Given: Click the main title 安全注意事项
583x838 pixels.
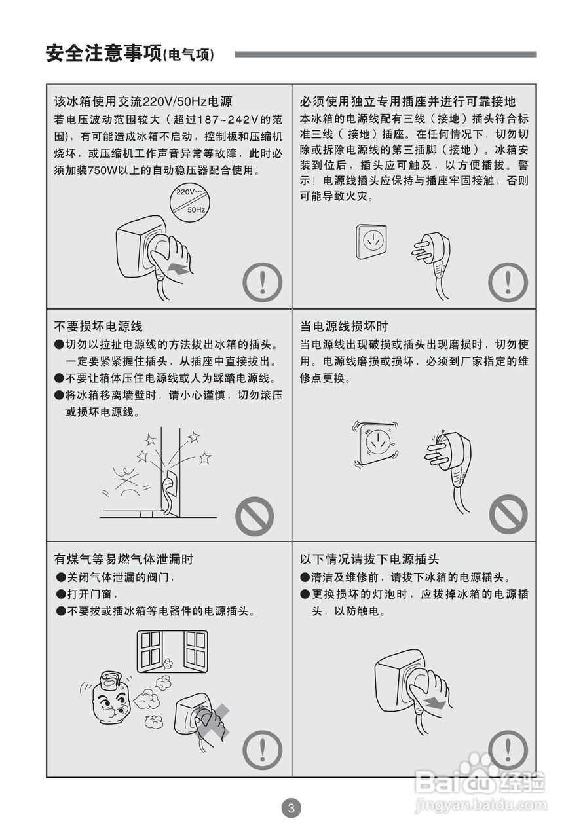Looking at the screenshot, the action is (x=104, y=54).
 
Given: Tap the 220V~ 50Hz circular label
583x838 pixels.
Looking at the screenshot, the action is (x=190, y=202).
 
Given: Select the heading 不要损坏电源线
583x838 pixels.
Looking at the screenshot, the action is (x=98, y=326).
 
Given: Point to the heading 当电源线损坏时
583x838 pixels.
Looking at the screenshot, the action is (x=344, y=326).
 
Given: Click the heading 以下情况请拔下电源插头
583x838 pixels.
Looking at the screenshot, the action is (x=369, y=559).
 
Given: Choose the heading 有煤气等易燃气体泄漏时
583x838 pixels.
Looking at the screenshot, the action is (x=124, y=559).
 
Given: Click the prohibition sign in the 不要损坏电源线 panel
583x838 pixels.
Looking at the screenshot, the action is (x=254, y=516).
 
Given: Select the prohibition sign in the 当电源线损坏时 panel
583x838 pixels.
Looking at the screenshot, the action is (x=508, y=514).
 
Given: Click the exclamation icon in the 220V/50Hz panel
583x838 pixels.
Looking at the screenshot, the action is (x=262, y=282).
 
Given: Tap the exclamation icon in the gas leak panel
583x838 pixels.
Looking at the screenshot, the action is (x=262, y=750).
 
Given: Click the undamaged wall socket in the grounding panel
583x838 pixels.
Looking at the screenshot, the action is (x=371, y=242).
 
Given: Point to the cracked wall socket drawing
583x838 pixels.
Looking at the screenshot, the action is (x=376, y=443).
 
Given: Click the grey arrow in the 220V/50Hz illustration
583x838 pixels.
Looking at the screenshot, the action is (x=178, y=268).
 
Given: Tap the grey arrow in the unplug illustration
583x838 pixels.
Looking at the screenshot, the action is (x=435, y=703).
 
